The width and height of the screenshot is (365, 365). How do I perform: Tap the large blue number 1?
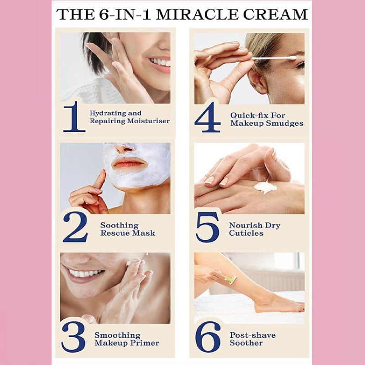(74, 116)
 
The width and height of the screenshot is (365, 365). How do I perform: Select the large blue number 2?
(75, 227)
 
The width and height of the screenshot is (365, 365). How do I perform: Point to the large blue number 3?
(73, 337)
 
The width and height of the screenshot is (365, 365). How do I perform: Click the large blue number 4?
(208, 117)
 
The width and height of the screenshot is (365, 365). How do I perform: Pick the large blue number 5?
(208, 227)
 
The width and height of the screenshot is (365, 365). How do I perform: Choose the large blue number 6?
(208, 337)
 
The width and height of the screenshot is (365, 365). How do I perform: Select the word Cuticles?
(246, 233)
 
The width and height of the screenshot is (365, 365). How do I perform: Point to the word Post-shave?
(253, 335)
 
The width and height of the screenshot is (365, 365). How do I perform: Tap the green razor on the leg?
(230, 279)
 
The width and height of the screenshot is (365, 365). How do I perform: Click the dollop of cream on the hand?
(265, 188)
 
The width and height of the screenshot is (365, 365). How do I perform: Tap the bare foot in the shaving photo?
(277, 304)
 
